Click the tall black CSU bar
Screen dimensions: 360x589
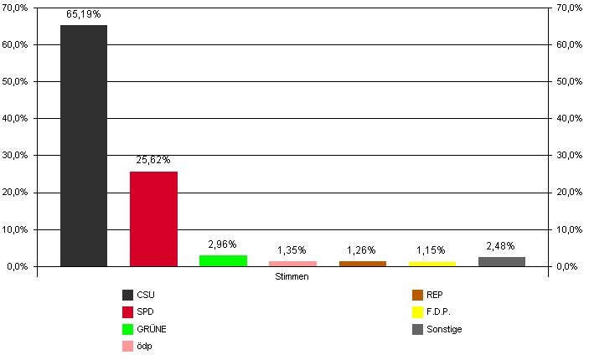point(84,146)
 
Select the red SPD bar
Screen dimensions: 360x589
point(153,219)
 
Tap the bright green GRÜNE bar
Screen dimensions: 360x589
point(223,260)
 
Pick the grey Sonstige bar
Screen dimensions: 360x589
point(501,261)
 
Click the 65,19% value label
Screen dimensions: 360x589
point(84,15)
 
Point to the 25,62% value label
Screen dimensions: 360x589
point(153,160)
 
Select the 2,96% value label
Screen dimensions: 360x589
point(223,244)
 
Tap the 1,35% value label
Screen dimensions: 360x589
point(292,250)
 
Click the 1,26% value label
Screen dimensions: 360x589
point(362,250)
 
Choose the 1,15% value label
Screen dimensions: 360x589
point(431,250)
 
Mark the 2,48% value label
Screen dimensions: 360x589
point(501,245)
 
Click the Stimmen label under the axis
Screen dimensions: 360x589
point(292,277)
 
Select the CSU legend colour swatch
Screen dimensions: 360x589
point(127,295)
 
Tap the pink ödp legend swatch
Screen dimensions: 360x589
point(127,346)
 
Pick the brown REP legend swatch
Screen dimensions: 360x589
point(417,295)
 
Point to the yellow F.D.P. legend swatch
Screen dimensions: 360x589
point(417,311)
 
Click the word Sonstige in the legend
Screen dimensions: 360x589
point(443,329)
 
